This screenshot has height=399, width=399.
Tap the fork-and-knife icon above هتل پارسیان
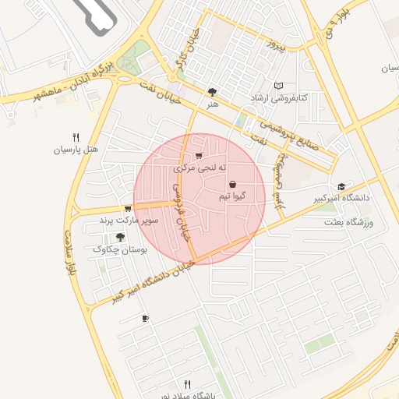click(76, 137)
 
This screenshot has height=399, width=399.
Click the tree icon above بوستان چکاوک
click(119, 238)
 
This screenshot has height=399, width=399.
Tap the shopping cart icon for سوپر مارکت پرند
click(127, 209)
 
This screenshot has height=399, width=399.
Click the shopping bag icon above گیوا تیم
click(233, 184)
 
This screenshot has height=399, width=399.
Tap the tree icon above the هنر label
click(213, 91)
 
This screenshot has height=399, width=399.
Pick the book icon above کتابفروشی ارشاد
click(279, 85)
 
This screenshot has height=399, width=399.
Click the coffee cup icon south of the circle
click(145, 318)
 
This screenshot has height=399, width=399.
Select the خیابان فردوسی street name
click(184, 211)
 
